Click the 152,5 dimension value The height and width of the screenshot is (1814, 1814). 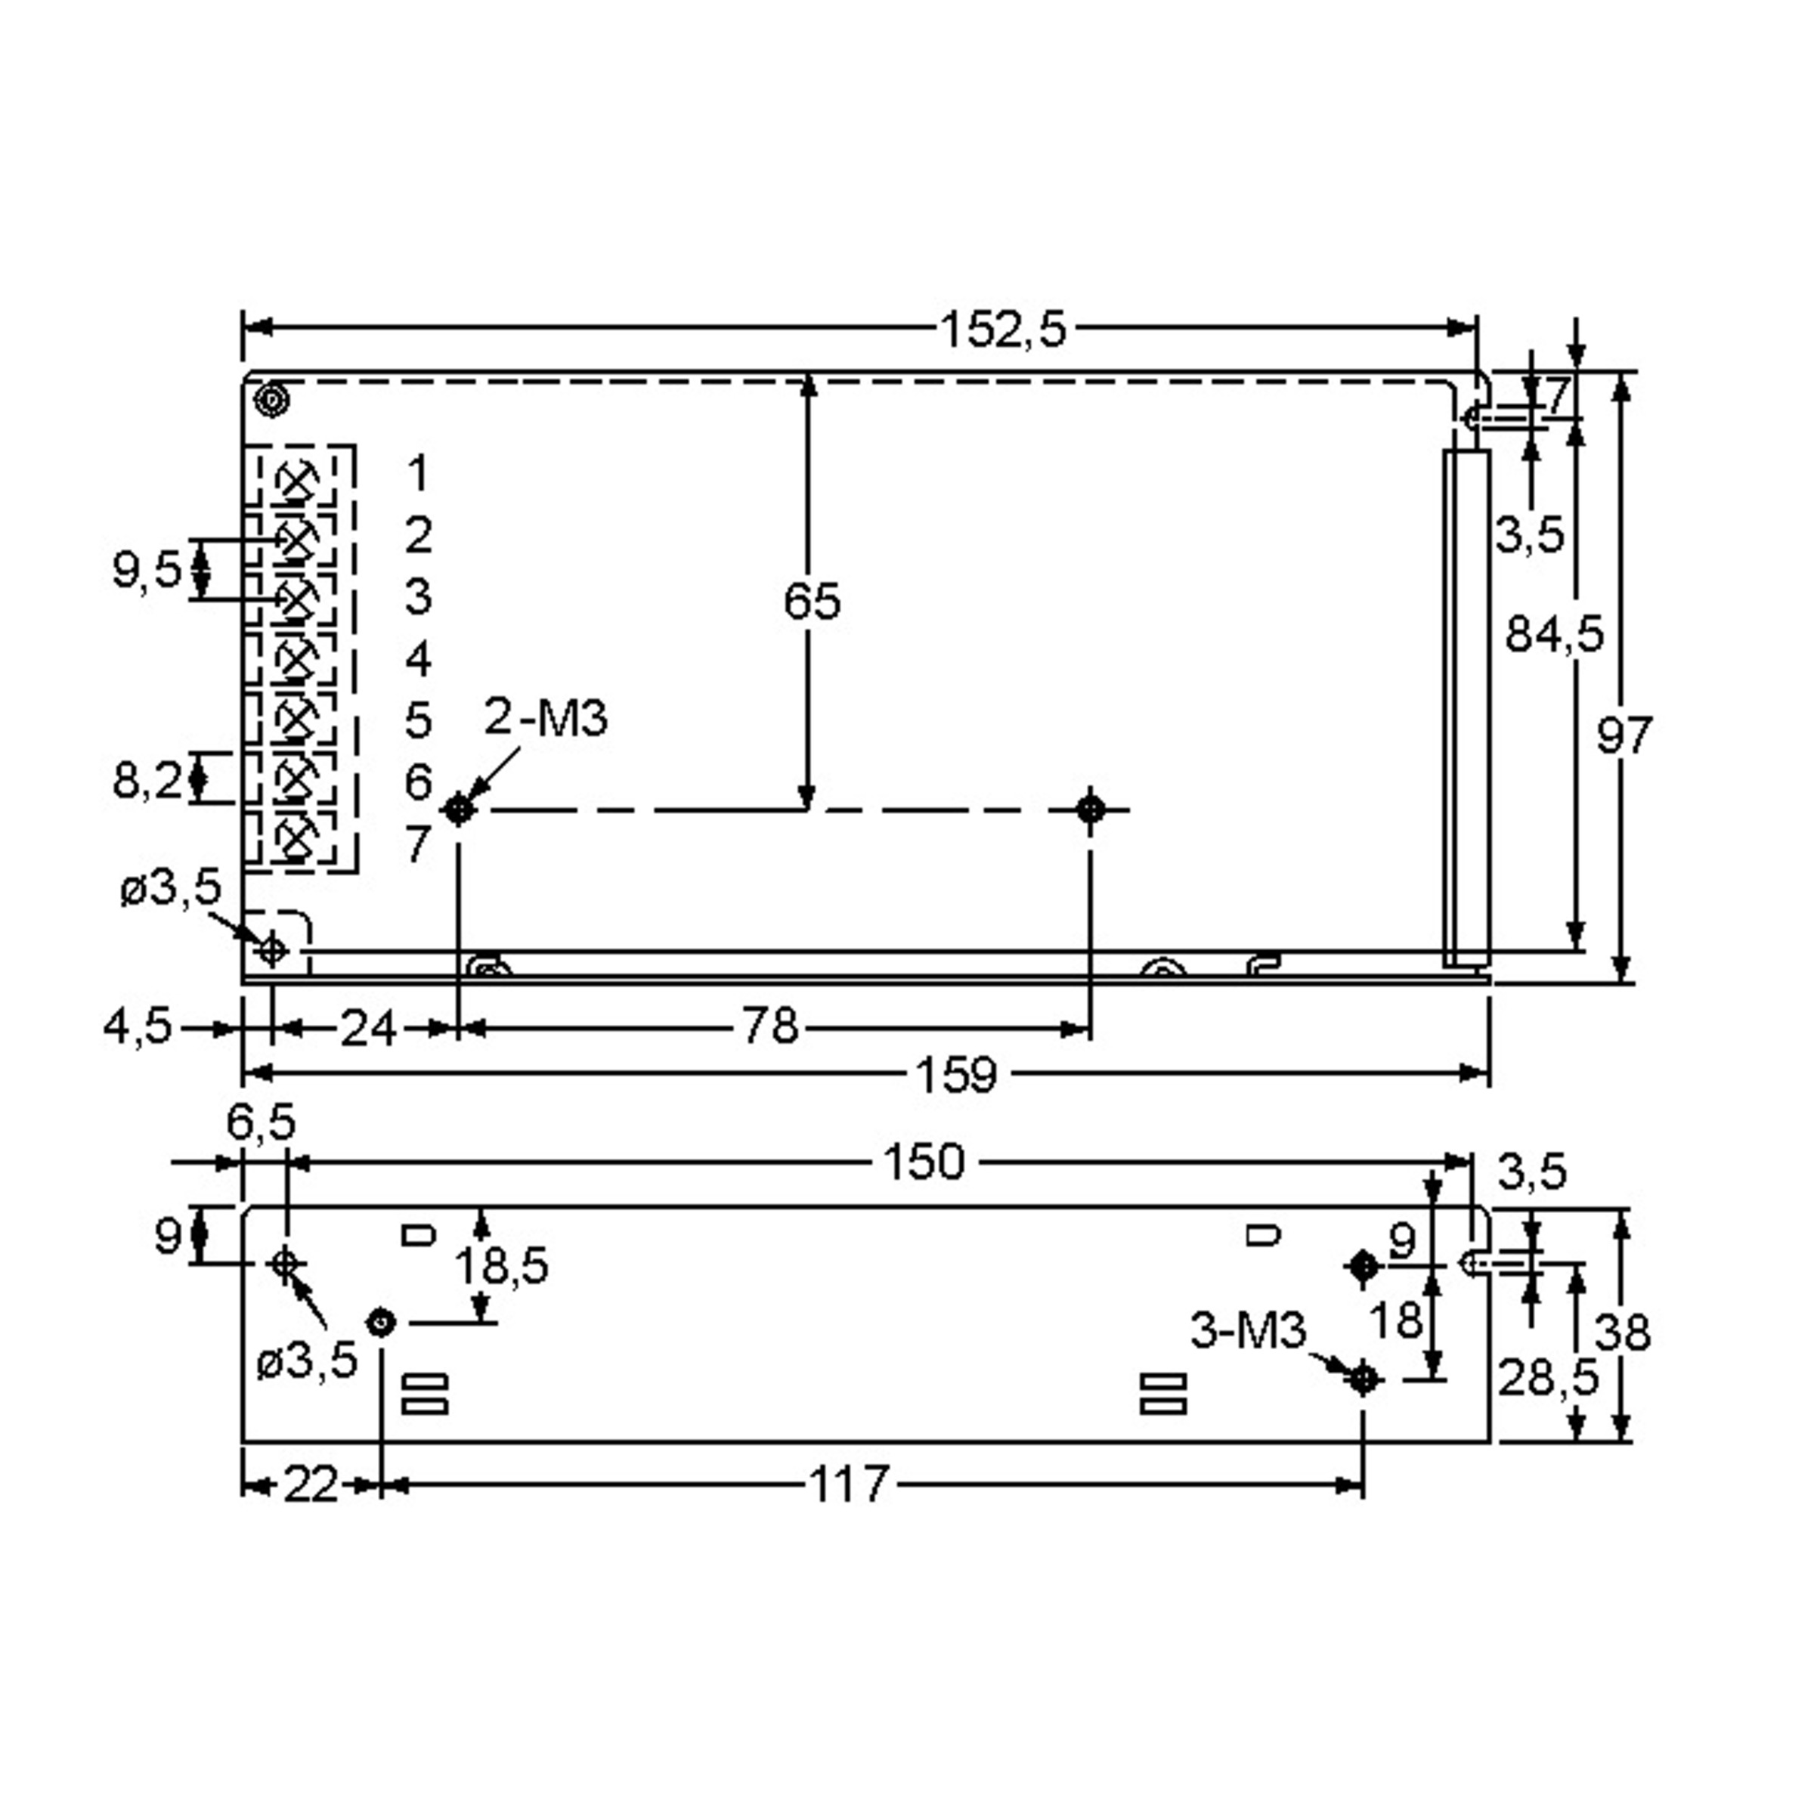(1003, 330)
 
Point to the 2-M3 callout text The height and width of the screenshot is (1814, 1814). (546, 718)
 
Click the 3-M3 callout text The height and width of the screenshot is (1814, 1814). (1248, 1330)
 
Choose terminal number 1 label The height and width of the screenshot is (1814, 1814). (418, 473)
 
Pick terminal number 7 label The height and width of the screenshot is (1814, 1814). (418, 844)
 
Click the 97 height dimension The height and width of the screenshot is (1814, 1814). (1624, 735)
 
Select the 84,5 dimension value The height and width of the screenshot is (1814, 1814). (1554, 635)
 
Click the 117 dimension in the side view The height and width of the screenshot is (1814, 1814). (848, 1484)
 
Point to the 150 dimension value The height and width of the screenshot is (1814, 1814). (924, 1162)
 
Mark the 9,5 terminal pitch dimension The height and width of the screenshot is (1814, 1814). (147, 570)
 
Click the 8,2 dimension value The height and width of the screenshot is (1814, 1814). (147, 780)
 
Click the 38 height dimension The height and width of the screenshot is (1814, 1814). (1623, 1331)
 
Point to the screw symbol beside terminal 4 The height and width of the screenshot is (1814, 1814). (297, 659)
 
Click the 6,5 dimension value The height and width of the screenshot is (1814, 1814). (261, 1121)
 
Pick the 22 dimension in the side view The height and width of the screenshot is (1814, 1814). (311, 1484)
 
